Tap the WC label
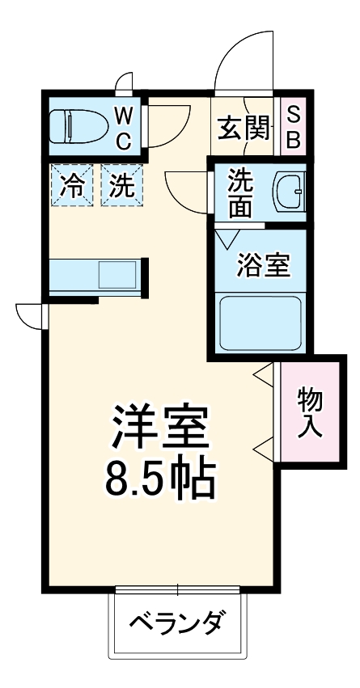click(122, 127)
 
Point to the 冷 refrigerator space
click(73, 187)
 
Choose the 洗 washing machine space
click(121, 187)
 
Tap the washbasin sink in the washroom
click(287, 192)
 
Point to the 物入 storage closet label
click(310, 412)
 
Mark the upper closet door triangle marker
click(264, 374)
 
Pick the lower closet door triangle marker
click(264, 447)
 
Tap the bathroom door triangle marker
click(227, 239)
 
